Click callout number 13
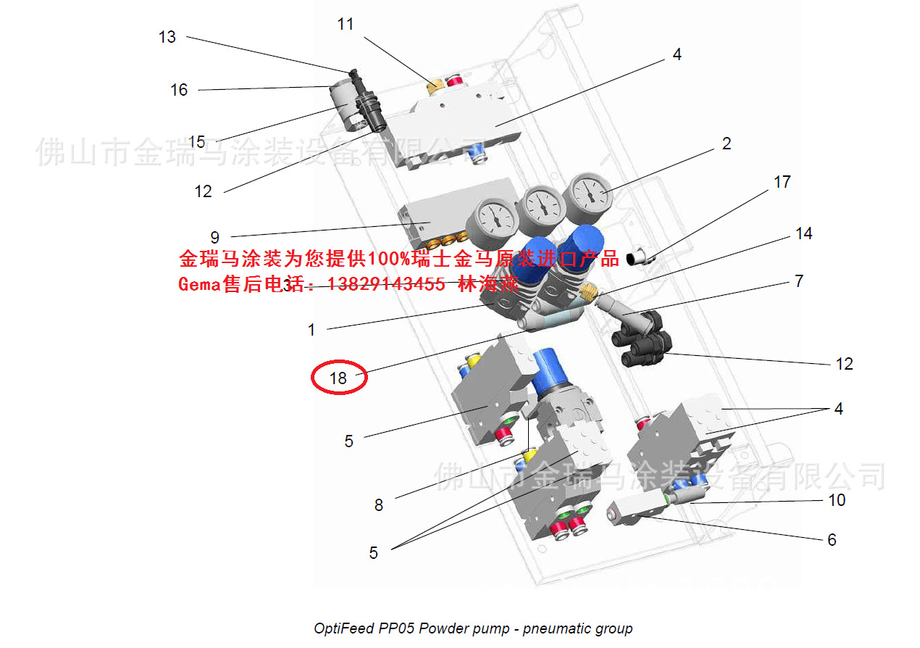tap(167, 37)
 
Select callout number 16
tap(179, 90)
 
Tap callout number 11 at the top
tap(346, 25)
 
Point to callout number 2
tap(727, 144)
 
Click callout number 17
tap(782, 182)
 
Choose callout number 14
tap(803, 233)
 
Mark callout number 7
tap(799, 281)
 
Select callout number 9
tap(214, 237)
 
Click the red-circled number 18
tap(338, 378)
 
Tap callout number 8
tap(378, 505)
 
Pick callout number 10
tap(837, 500)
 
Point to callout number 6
tap(832, 540)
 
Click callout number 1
tap(311, 331)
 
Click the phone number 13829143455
tap(387, 285)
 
